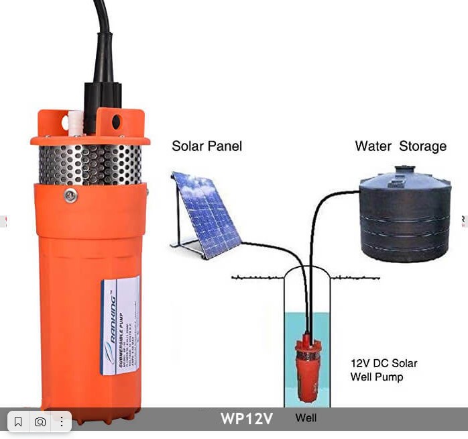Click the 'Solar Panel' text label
(207, 146)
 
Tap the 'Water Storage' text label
(400, 146)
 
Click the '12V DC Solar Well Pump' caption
(384, 370)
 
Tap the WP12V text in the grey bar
(247, 419)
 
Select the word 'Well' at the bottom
(306, 418)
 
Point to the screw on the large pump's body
(70, 195)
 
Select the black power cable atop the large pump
(102, 40)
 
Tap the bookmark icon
(18, 422)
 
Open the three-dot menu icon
(61, 422)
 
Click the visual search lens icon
(40, 422)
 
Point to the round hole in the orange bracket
(116, 122)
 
